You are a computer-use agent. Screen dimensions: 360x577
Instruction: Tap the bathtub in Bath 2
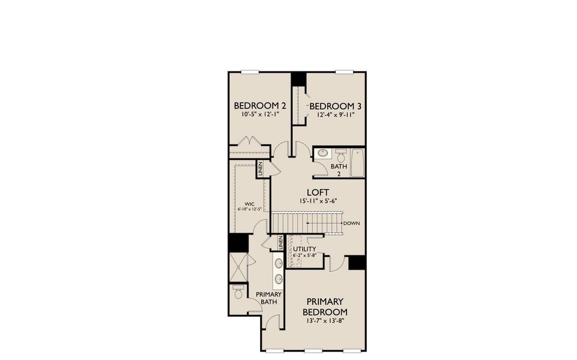click(x=357, y=163)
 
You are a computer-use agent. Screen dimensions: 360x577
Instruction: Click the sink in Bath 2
click(x=322, y=153)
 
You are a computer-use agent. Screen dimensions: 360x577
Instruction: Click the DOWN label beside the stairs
click(x=352, y=223)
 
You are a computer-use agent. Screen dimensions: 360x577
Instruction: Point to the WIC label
click(x=250, y=203)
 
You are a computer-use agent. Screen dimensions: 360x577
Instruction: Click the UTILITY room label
click(x=304, y=248)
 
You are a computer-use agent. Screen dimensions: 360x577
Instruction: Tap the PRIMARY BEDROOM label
click(x=325, y=307)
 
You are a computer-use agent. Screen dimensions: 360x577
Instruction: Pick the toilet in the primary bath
click(x=238, y=293)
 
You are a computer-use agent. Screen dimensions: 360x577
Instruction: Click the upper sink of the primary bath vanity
click(x=279, y=263)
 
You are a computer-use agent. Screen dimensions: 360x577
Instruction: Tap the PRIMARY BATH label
click(x=269, y=298)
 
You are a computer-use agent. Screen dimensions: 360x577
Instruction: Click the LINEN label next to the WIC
click(x=260, y=169)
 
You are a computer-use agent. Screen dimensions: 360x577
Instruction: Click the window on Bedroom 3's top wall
click(x=343, y=72)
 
